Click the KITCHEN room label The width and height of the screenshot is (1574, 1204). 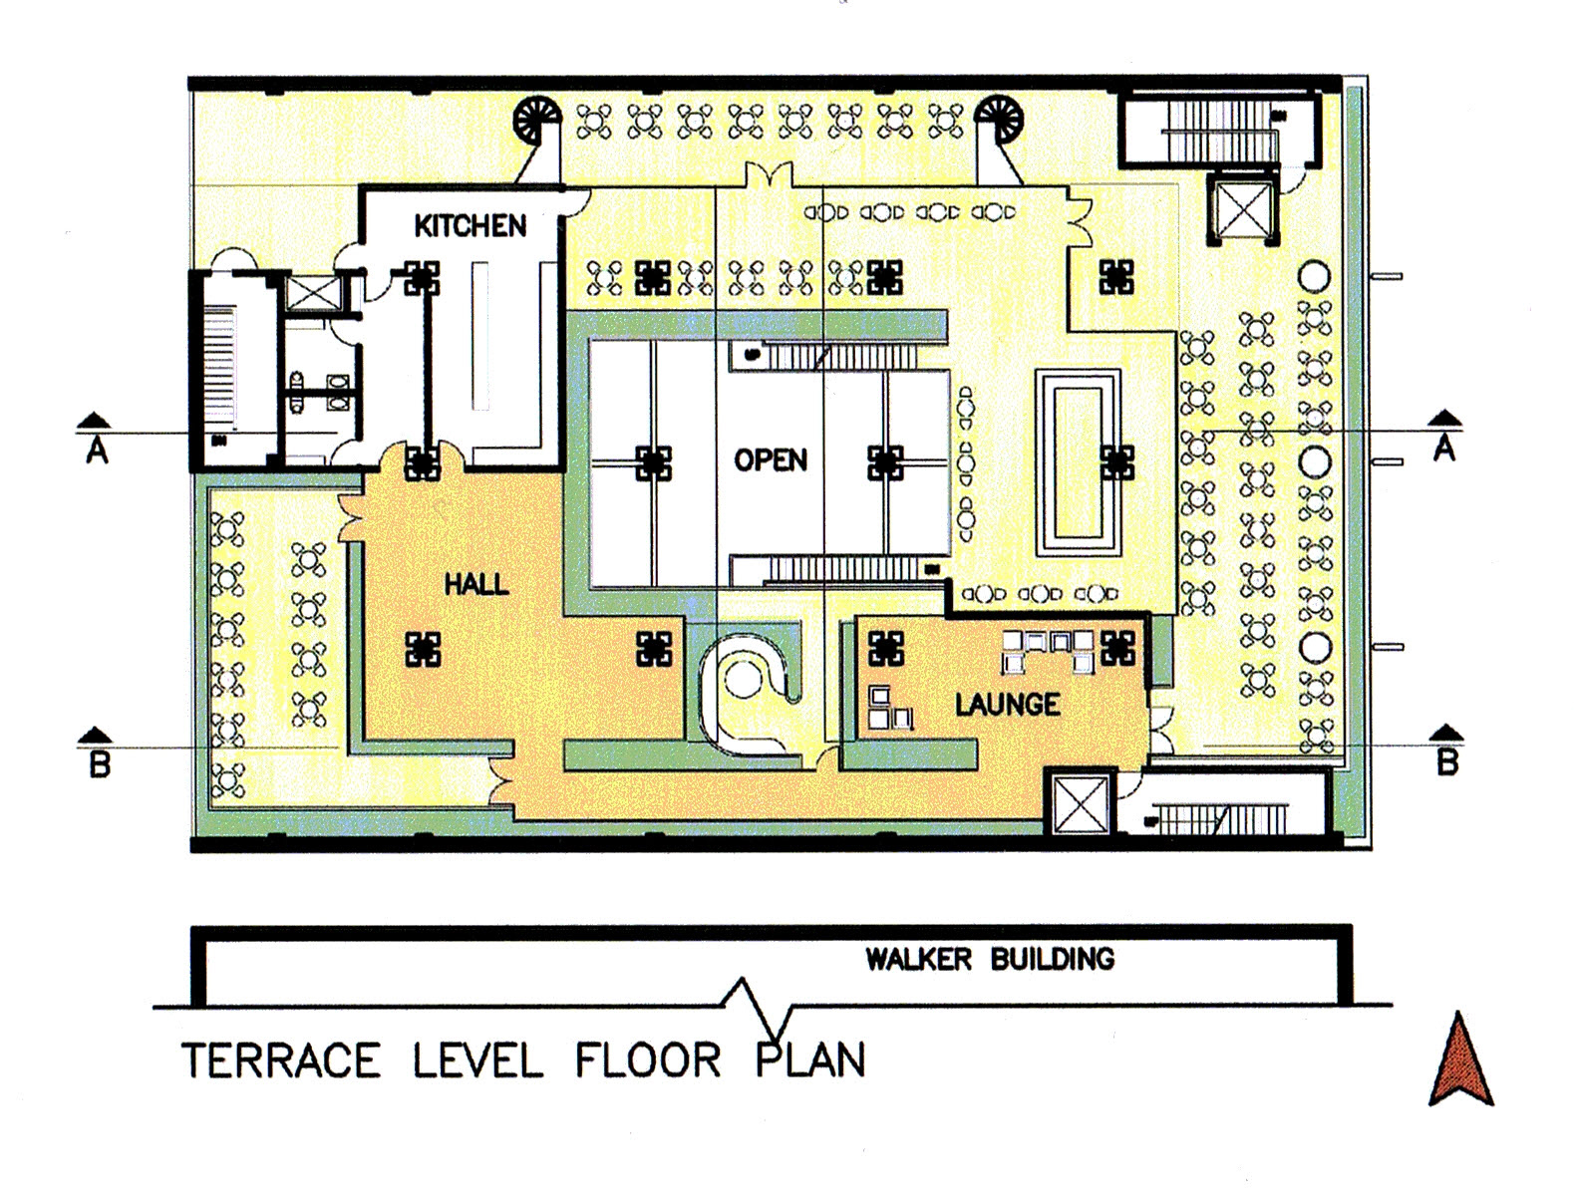point(470,226)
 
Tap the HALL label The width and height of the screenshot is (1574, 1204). point(476,584)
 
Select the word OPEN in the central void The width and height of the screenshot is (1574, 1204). point(771,459)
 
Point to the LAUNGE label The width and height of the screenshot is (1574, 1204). point(1008,705)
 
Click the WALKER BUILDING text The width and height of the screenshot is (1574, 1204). point(990,959)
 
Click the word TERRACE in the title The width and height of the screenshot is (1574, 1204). point(281,1060)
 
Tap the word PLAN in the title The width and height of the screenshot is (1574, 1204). point(810,1059)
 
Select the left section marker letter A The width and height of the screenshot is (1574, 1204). point(98,451)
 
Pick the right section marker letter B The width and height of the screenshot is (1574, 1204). point(1447,761)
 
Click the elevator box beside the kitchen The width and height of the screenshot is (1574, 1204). point(312,292)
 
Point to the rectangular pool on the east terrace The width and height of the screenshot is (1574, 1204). point(1078,463)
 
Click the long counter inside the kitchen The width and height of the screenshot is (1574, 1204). point(479,337)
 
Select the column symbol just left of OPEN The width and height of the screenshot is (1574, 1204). point(653,462)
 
